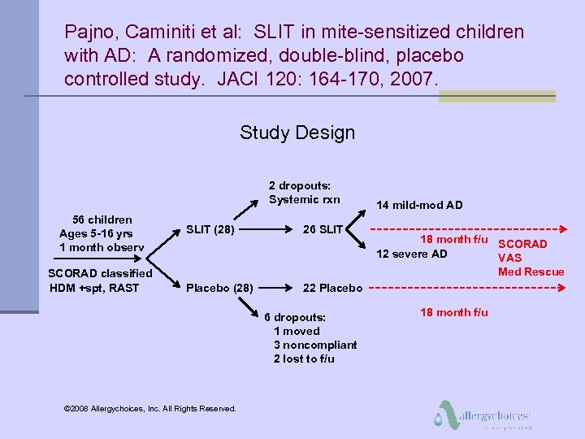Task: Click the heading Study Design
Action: click(x=297, y=133)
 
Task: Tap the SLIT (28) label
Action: click(x=210, y=229)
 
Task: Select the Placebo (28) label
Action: click(x=219, y=287)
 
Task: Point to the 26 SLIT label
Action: click(x=323, y=229)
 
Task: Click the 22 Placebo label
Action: click(x=332, y=287)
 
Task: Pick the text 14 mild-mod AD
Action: click(x=418, y=205)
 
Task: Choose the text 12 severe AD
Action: click(x=411, y=254)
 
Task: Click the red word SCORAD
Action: click(x=522, y=244)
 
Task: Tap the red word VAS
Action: click(x=509, y=258)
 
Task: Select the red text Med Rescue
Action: click(x=531, y=272)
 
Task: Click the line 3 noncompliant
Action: click(x=315, y=345)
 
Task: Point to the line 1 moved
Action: click(x=297, y=331)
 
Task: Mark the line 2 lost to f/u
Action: click(x=304, y=359)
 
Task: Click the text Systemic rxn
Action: click(x=305, y=199)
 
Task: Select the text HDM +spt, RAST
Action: click(x=94, y=287)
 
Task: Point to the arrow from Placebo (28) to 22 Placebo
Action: click(x=277, y=287)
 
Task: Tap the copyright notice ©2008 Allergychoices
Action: click(x=149, y=408)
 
